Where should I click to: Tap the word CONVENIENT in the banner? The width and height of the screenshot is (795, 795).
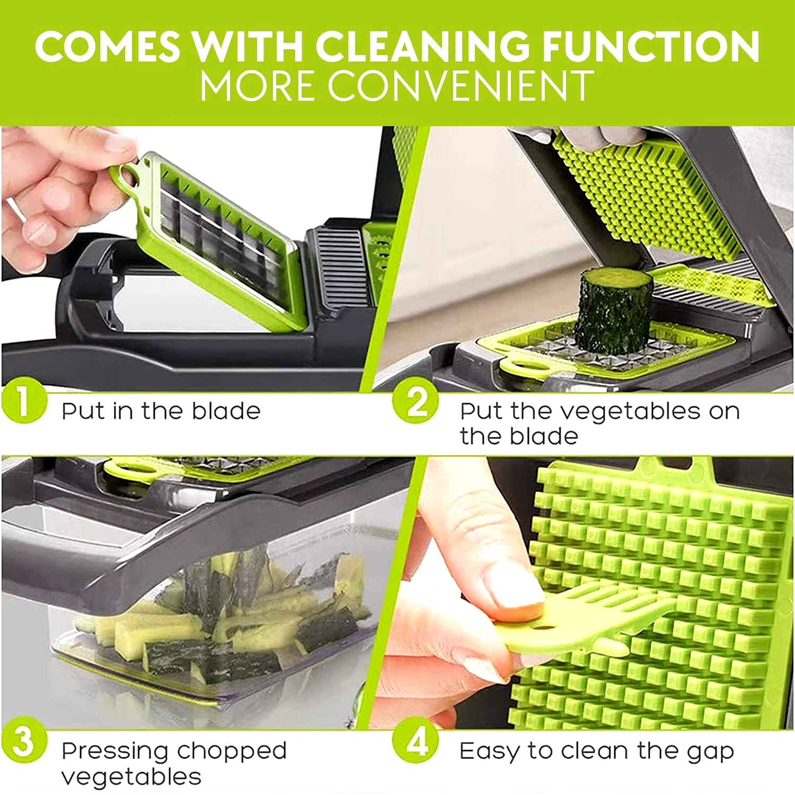coord(461,85)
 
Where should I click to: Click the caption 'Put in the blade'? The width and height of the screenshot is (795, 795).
coord(161,411)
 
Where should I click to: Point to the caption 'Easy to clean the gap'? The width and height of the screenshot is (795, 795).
coord(597,752)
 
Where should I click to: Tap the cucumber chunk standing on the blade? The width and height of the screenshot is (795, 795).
coord(613,310)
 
